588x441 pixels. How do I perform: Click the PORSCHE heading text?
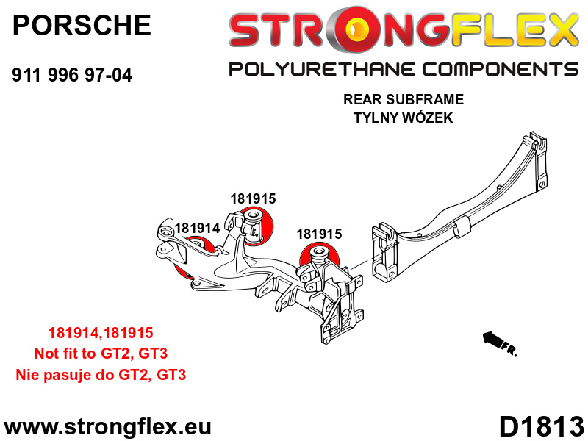82,25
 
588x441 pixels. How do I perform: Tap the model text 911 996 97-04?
72,75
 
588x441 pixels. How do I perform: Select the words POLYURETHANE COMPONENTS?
404,69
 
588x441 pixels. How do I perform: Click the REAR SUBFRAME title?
404,99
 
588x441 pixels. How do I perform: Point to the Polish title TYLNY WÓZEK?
404,118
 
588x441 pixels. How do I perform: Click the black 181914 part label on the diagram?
197,228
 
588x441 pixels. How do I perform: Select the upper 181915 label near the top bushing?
253,198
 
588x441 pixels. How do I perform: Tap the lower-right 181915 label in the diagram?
320,234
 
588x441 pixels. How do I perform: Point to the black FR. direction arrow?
492,339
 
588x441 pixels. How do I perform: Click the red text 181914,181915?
101,333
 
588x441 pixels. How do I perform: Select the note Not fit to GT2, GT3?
101,354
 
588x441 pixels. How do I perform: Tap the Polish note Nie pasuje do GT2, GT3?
101,375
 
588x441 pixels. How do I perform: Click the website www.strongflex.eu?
107,427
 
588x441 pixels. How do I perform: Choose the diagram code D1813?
542,427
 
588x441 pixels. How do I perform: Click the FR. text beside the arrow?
509,350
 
